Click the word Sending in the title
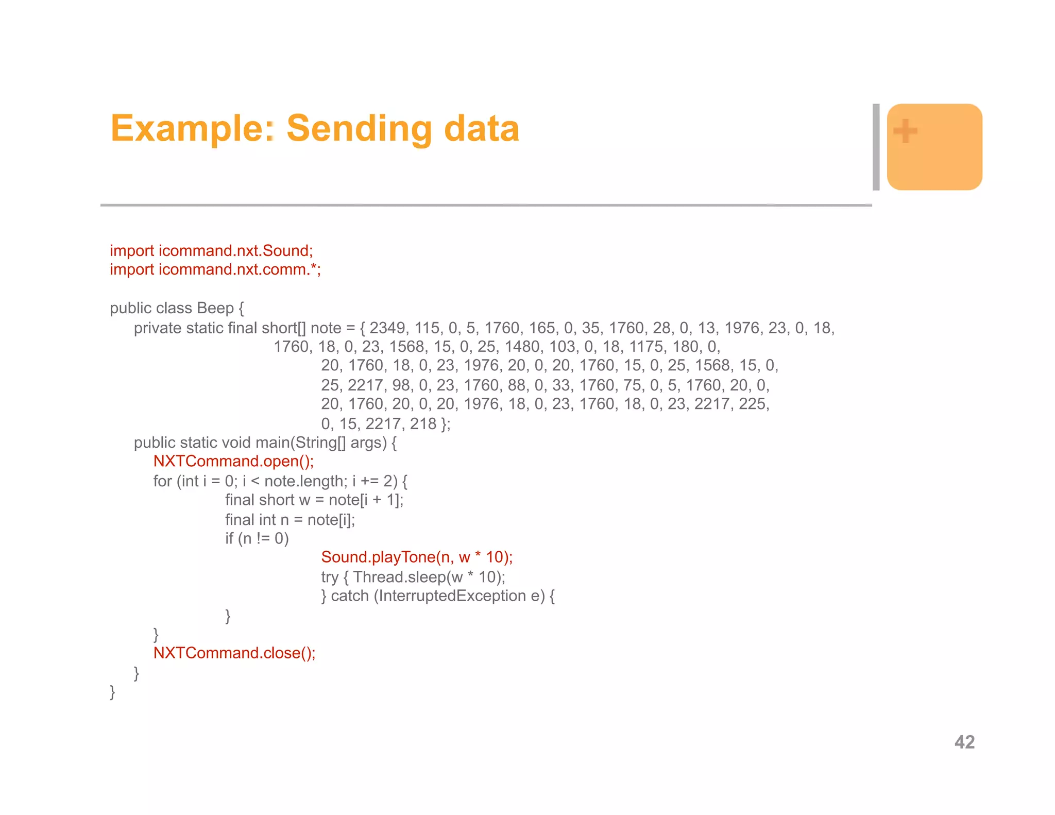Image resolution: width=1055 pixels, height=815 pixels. (359, 129)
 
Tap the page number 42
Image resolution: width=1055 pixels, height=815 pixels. (964, 742)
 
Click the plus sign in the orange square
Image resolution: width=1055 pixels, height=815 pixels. (905, 130)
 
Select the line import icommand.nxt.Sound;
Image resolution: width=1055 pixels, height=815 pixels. (211, 250)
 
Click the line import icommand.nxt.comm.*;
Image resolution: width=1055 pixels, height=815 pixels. (215, 269)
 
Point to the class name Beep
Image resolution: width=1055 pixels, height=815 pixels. (215, 308)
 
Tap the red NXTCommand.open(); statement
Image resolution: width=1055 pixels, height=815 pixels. (233, 461)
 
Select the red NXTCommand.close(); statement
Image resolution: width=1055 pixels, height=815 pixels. (234, 653)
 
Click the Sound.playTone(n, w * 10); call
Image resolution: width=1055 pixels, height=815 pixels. (417, 557)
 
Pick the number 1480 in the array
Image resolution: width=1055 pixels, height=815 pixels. (524, 347)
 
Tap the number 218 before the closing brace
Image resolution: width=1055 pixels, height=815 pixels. (423, 423)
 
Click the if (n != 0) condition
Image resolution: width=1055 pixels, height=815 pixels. (257, 538)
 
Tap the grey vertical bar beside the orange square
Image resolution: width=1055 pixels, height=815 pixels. (876, 147)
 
